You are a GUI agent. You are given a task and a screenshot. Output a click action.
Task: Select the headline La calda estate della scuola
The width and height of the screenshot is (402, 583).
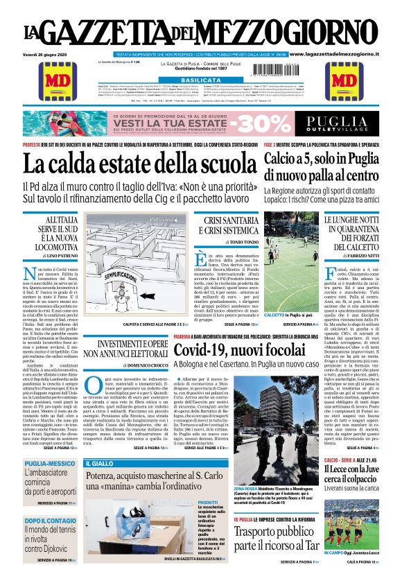click(139, 164)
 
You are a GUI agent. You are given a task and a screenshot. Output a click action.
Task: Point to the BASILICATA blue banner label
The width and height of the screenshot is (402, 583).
click(200, 80)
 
